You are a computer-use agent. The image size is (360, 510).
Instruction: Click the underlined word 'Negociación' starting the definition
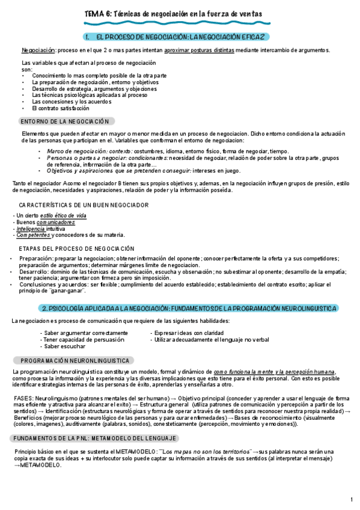tap(38, 50)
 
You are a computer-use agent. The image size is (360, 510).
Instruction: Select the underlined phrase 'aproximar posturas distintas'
tap(200, 50)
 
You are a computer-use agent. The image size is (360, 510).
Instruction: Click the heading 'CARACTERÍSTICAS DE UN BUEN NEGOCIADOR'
tap(84, 204)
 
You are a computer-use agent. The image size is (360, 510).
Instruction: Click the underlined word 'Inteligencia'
tap(31, 229)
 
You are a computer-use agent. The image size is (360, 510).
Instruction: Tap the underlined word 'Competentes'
tap(33, 236)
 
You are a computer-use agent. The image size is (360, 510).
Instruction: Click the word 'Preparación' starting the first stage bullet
tap(35, 259)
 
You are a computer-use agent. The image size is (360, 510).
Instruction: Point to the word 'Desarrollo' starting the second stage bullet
tap(34, 272)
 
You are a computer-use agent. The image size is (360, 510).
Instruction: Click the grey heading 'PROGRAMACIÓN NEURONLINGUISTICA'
tap(75, 361)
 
